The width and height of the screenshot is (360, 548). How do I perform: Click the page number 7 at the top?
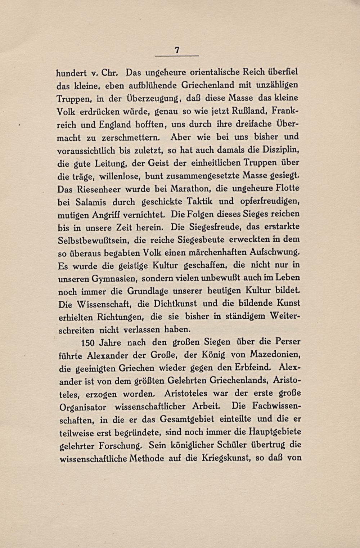pos(177,51)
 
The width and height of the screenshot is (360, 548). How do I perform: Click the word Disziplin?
pos(280,149)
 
